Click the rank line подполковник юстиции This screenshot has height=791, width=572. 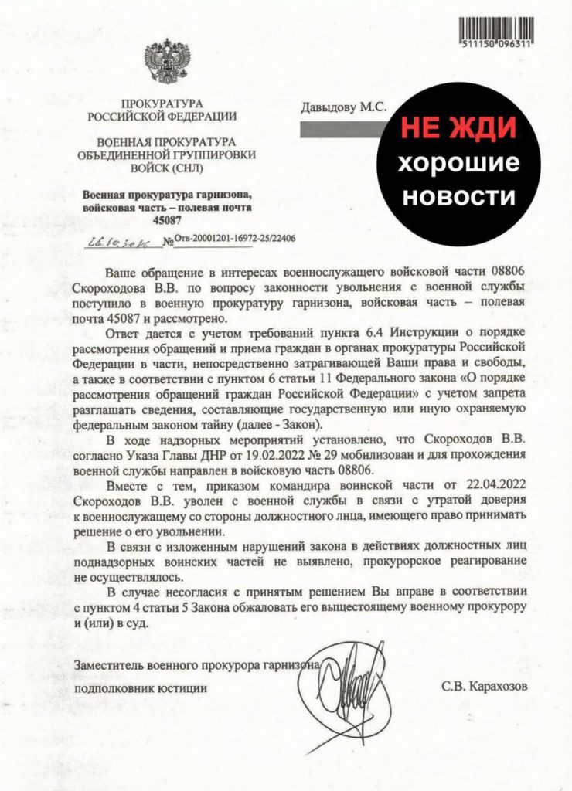(141, 686)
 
